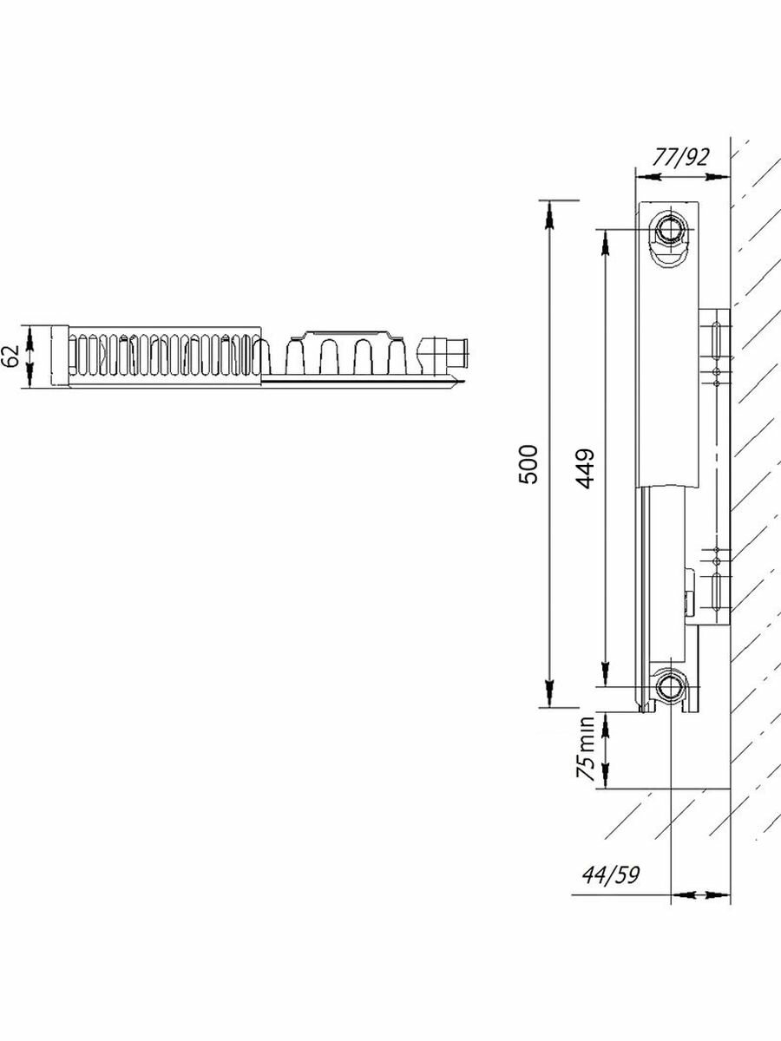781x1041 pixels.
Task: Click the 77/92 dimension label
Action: pyautogui.click(x=681, y=157)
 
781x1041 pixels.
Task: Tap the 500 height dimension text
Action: pyautogui.click(x=531, y=464)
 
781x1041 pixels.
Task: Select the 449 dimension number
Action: pyautogui.click(x=584, y=468)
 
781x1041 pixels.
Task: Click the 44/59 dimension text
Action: pyautogui.click(x=612, y=874)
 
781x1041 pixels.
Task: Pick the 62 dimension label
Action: pyautogui.click(x=10, y=357)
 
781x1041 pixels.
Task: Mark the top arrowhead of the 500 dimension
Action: pyautogui.click(x=549, y=211)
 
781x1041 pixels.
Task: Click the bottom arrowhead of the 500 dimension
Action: pyautogui.click(x=549, y=697)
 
